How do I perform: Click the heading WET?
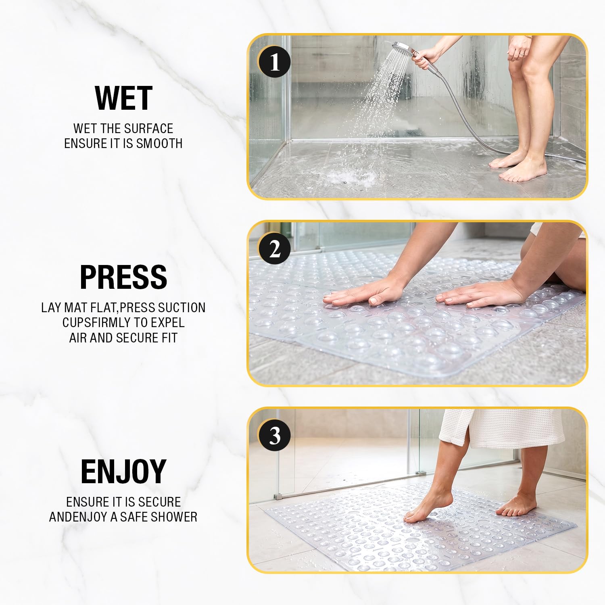tap(123, 98)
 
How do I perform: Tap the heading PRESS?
tap(123, 277)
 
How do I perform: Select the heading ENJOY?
tap(123, 471)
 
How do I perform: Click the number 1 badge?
tap(275, 63)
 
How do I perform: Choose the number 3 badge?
tap(275, 436)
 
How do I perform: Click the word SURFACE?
tap(149, 129)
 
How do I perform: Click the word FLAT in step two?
tap(106, 308)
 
